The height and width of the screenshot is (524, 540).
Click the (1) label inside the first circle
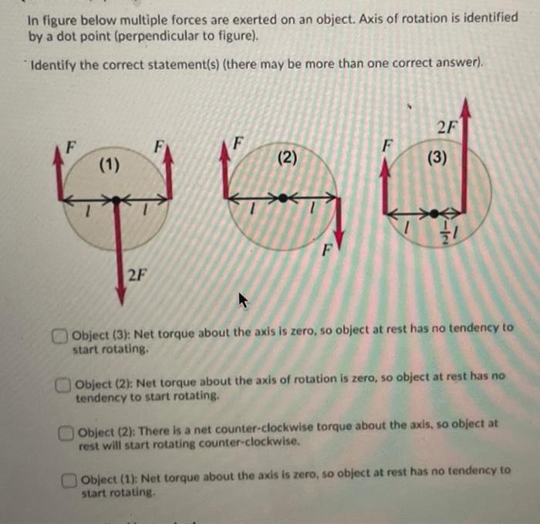click(108, 164)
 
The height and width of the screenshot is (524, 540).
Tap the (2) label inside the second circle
click(286, 158)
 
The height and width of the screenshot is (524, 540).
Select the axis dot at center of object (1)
click(116, 201)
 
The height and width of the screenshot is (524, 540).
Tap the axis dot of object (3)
click(436, 212)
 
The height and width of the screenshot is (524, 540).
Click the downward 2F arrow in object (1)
click(120, 255)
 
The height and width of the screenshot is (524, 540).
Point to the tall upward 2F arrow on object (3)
click(464, 154)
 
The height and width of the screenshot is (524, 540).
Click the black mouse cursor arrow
click(245, 299)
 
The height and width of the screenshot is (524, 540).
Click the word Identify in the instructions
click(54, 65)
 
